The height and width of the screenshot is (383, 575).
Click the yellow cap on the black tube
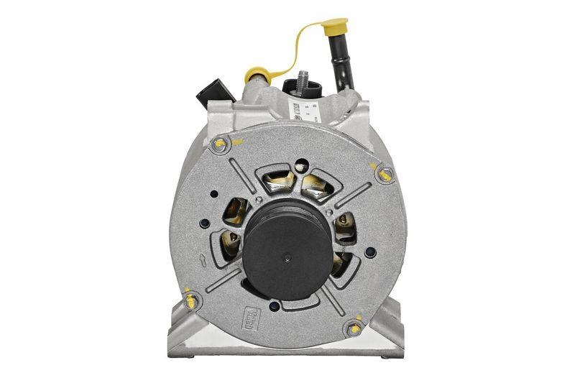pyautogui.click(x=336, y=29)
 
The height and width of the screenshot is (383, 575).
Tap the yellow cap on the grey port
pyautogui.click(x=257, y=74)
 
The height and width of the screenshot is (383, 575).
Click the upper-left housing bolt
pyautogui.click(x=220, y=144)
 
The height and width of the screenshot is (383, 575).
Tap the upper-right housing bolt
pyautogui.click(x=386, y=173)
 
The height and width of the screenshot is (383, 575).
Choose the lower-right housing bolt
pyautogui.click(x=354, y=328)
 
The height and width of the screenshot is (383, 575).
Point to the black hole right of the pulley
pyautogui.click(x=369, y=252)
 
